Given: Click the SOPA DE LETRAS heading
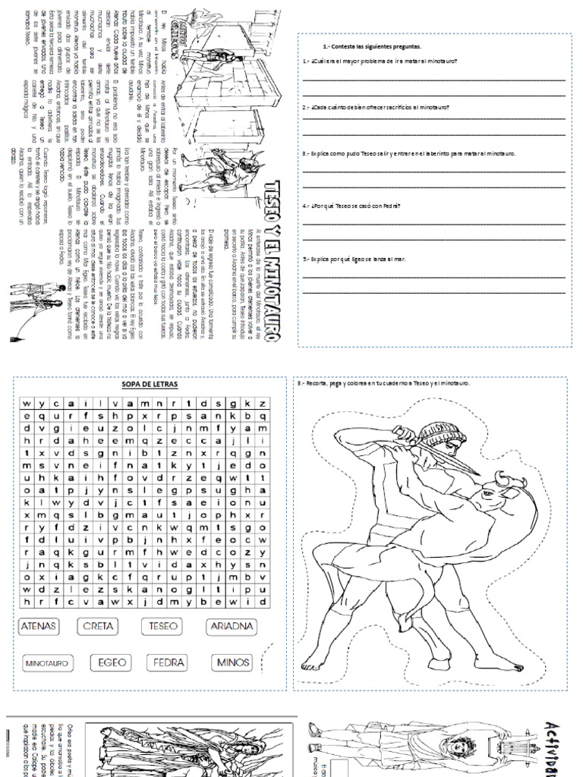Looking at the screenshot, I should pos(150,385).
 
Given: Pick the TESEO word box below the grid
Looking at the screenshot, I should pos(164,627).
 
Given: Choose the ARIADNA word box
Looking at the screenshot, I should pos(232,627).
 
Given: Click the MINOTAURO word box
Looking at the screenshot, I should pos(47,663).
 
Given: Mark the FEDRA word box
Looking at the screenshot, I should pos(169,662).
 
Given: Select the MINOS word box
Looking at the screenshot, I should pos(233,662).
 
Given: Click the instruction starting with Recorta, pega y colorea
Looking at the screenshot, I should pos(383,383).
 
